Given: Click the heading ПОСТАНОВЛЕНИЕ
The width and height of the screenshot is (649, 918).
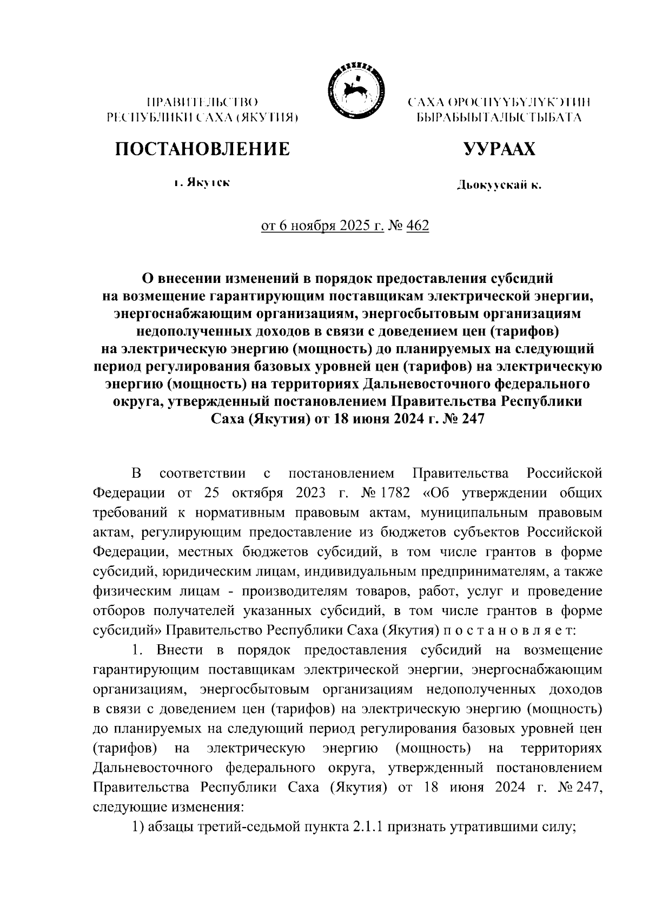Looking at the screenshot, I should pos(201,148).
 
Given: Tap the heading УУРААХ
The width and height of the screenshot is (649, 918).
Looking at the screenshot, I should pos(499,148).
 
